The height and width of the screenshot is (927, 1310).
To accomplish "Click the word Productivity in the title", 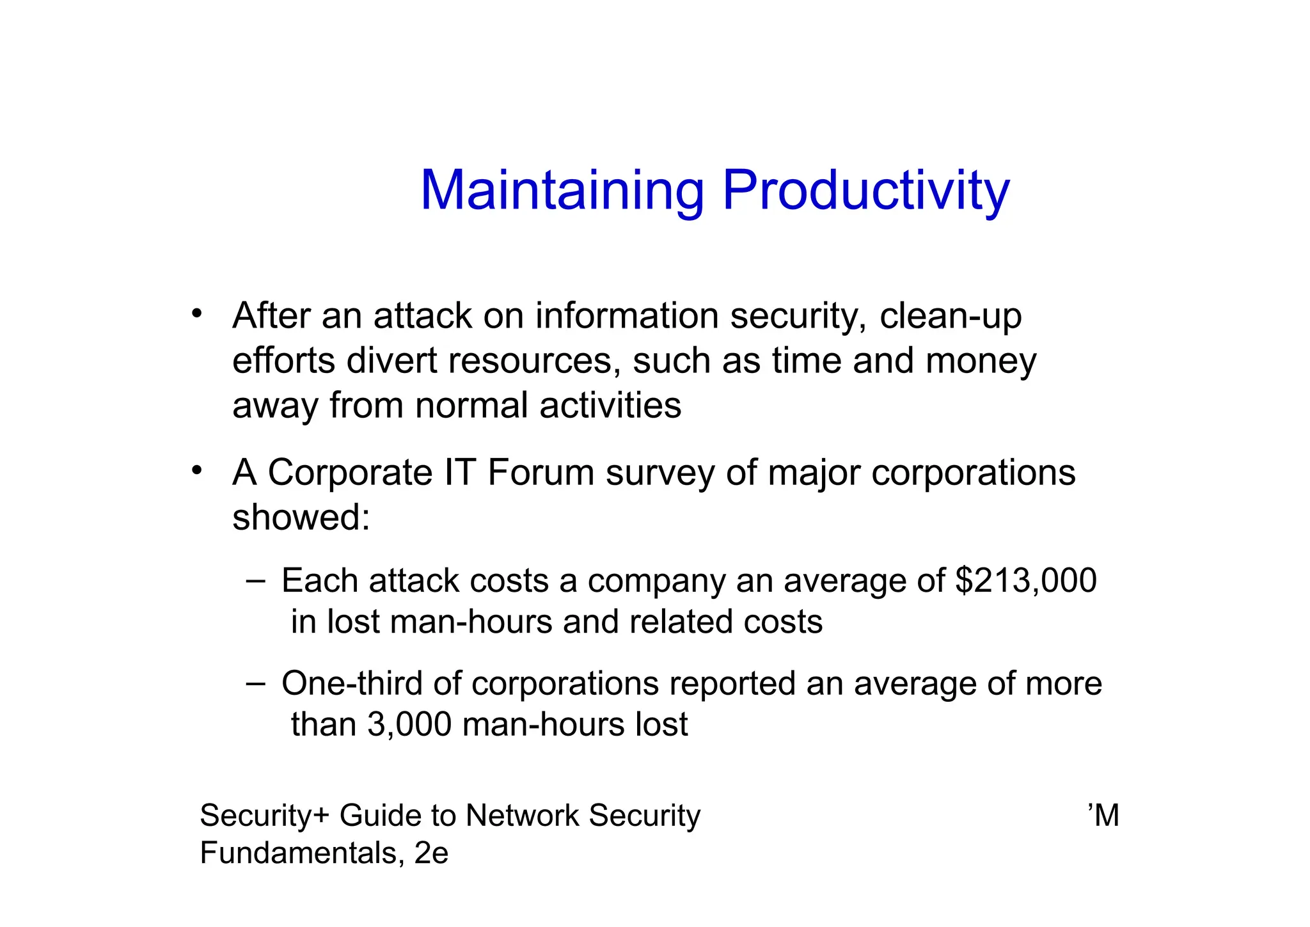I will [866, 191].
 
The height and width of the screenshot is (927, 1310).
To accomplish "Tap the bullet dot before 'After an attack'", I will [197, 313].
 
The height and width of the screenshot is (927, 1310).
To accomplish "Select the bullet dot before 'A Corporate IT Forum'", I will [197, 470].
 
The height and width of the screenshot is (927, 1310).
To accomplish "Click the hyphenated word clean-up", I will [951, 316].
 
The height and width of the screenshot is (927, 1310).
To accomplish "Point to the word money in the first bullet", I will [981, 361].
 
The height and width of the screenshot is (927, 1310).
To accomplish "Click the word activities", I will [610, 406].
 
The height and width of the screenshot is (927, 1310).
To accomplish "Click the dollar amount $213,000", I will [1025, 581].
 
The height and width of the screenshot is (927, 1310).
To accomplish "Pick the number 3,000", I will [409, 725].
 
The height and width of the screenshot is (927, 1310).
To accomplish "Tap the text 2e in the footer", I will [431, 853].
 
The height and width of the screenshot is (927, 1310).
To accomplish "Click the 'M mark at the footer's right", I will [1103, 816].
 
